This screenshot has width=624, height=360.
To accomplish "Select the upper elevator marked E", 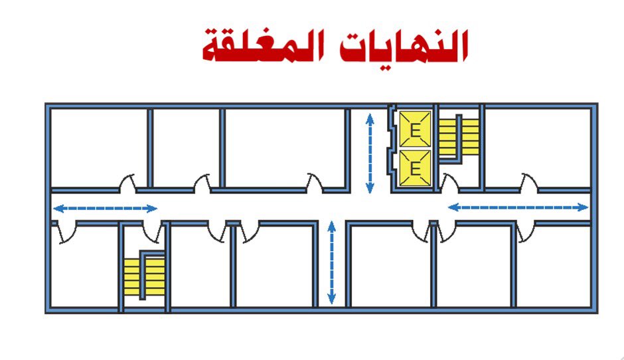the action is [x=416, y=130].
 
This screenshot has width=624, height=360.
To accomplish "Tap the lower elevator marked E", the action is [x=416, y=167].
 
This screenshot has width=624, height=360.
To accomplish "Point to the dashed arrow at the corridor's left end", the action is [x=105, y=209].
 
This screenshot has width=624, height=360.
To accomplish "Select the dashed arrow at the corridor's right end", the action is [x=518, y=207].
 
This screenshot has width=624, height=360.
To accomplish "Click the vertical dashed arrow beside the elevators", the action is [x=370, y=153].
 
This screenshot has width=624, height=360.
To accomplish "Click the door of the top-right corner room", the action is [x=529, y=183].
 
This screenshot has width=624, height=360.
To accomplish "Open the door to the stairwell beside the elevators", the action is [x=450, y=183].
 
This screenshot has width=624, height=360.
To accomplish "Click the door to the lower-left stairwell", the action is [x=152, y=231].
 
